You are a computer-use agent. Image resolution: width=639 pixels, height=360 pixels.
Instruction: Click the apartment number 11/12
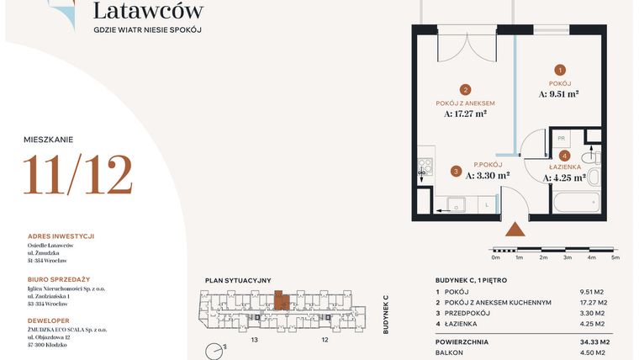(77, 176)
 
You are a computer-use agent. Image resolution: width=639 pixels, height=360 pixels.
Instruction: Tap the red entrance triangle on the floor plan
(515, 228)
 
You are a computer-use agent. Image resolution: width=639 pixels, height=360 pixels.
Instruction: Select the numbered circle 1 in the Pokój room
(560, 71)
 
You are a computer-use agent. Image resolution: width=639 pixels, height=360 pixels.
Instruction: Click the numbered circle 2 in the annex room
(464, 89)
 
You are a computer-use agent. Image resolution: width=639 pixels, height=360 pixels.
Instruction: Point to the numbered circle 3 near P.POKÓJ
(455, 172)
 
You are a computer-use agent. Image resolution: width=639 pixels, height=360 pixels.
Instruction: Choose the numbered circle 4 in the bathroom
(565, 156)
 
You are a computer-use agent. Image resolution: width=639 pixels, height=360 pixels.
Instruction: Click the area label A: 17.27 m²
(465, 113)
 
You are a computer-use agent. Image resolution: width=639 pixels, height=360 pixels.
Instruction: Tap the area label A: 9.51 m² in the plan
(558, 95)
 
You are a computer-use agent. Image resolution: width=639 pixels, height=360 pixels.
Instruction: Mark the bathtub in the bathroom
(576, 203)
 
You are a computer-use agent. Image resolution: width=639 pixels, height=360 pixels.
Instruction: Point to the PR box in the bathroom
(561, 139)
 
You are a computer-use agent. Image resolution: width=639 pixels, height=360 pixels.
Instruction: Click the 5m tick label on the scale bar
(615, 257)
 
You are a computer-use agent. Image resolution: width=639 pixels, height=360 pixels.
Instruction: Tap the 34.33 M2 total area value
(594, 342)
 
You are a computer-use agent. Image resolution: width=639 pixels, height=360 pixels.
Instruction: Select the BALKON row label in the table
(450, 354)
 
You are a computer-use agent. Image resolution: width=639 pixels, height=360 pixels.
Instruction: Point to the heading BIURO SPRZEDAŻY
(58, 278)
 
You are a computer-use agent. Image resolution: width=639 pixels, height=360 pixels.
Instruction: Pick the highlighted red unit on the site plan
(281, 300)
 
